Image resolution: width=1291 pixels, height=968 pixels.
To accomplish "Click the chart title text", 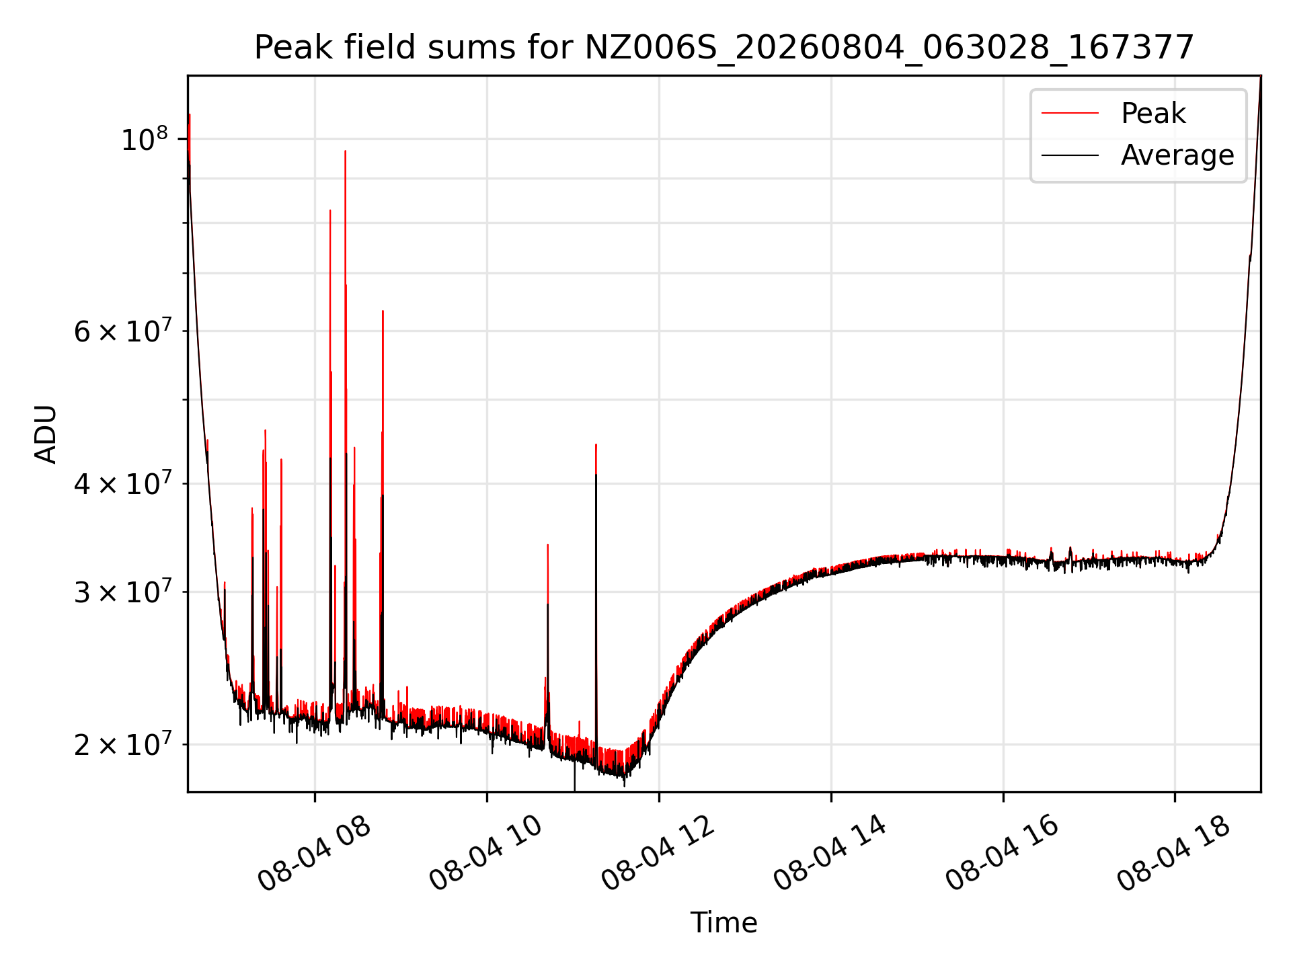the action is click(x=723, y=48).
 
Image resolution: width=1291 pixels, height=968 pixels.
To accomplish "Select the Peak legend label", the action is click(x=1153, y=114).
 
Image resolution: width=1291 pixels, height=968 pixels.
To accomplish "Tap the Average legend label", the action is click(x=1177, y=155).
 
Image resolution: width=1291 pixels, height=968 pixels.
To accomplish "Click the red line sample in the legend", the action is click(x=1070, y=114).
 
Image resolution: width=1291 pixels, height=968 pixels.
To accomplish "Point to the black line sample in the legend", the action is click(x=1070, y=155).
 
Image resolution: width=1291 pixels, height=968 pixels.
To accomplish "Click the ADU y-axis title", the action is click(x=46, y=434).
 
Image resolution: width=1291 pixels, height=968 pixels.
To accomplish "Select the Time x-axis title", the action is click(x=723, y=923).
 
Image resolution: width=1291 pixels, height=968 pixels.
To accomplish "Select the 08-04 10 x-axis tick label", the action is click(x=486, y=854).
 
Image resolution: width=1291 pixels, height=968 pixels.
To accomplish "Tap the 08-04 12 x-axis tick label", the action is click(x=658, y=854).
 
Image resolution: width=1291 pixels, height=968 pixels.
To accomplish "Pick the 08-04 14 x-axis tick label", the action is click(x=830, y=854).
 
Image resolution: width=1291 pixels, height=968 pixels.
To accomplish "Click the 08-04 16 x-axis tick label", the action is click(x=1003, y=854).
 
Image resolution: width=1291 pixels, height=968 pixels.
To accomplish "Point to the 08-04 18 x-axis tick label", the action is click(x=1175, y=854).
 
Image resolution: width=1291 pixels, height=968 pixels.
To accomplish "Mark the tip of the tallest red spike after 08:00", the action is click(x=345, y=151).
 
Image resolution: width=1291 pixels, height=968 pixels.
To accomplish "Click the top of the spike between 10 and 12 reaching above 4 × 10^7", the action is click(x=596, y=444).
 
